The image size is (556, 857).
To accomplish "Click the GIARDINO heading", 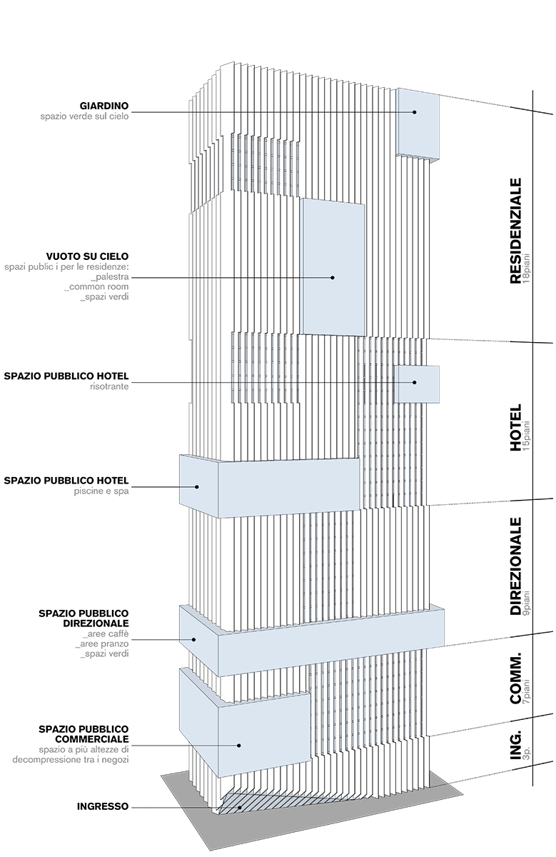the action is (104, 106).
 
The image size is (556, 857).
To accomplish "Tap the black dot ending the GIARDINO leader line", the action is (415, 112).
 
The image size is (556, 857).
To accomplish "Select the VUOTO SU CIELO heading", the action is (88, 256).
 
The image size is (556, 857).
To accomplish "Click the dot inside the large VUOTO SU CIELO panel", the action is (333, 277).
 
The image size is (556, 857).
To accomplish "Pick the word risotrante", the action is (109, 386).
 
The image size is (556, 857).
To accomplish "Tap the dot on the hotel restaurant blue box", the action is (415, 382).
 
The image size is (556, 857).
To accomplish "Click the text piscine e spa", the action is (101, 491).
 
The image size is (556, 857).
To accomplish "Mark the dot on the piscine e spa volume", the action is (197, 487).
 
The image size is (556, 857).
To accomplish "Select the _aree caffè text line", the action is (106, 633).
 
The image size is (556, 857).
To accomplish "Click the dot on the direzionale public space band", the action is (194, 639).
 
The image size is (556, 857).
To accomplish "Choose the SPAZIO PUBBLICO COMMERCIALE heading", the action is (84, 734).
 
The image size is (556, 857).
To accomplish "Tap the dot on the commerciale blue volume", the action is (239, 746).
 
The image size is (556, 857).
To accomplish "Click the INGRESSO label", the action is (103, 806).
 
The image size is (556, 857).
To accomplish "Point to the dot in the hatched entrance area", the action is (240, 808).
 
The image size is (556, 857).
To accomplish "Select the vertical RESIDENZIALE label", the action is (516, 231).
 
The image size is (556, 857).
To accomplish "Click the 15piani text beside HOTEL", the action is (527, 436).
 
